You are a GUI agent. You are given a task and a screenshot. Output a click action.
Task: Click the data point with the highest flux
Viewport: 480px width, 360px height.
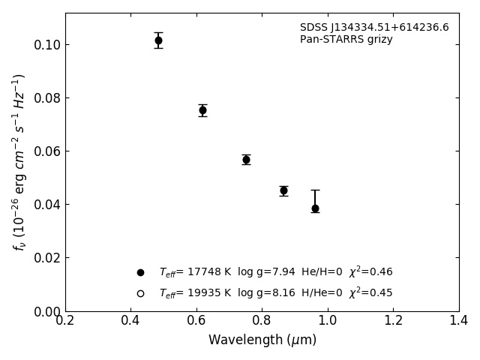tap(158, 40)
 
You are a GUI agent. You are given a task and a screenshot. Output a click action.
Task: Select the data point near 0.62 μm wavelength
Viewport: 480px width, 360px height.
tap(202, 110)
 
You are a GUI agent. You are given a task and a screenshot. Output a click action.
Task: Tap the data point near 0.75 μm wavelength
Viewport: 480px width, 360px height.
tap(246, 160)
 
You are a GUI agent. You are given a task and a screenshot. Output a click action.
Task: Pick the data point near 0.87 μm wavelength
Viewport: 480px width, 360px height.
tap(283, 190)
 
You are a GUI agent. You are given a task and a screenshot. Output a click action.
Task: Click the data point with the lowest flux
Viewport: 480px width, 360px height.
tap(315, 208)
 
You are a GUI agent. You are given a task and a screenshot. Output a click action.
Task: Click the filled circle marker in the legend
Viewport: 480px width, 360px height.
tap(140, 272)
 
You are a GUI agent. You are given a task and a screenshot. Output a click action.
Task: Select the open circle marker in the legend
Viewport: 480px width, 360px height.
tap(140, 293)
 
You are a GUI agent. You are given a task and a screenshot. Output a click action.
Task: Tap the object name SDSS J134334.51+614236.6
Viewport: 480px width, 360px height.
tap(374, 28)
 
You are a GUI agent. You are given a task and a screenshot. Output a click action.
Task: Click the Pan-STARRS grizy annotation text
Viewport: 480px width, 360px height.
tap(346, 40)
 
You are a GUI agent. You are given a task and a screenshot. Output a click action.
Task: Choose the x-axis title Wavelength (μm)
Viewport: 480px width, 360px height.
tap(262, 340)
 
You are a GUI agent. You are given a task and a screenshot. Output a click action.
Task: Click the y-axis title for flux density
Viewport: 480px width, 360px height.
tap(19, 161)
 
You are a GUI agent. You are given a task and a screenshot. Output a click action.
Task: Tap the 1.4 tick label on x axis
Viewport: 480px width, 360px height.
tap(459, 320)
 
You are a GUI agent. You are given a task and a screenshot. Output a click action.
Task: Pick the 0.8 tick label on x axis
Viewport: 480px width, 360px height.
tap(262, 320)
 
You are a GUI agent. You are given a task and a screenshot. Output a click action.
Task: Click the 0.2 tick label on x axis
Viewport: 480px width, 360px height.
tap(65, 320)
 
